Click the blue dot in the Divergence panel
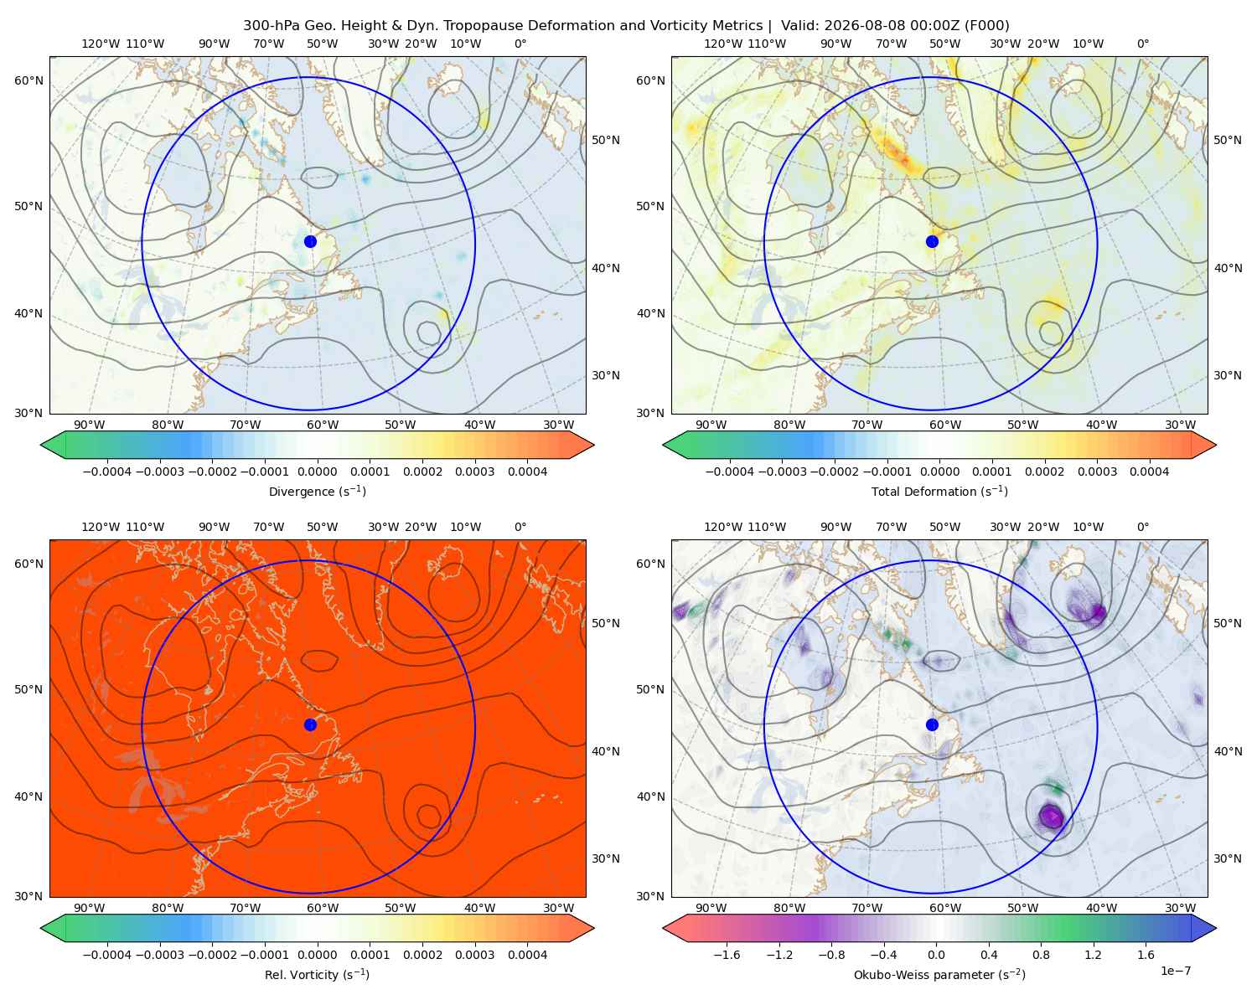click(x=310, y=241)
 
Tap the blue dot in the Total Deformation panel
click(x=932, y=241)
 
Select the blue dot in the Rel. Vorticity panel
click(x=310, y=724)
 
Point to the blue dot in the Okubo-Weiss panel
click(x=932, y=724)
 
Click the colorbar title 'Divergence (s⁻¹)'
click(x=317, y=491)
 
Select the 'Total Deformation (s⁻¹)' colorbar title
click(x=939, y=491)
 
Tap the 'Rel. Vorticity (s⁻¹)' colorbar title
click(x=317, y=974)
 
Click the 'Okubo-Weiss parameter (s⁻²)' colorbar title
click(x=939, y=974)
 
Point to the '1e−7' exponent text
click(x=1175, y=971)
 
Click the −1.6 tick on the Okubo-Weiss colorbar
click(x=727, y=955)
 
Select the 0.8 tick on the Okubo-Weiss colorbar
click(x=1041, y=955)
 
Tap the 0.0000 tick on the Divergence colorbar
click(x=317, y=472)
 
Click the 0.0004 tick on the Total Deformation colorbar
click(x=1149, y=472)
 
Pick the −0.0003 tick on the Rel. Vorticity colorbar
click(x=159, y=955)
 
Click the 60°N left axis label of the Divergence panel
click(x=28, y=80)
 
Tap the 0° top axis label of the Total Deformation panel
click(x=1142, y=44)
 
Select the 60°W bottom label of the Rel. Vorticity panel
click(x=323, y=908)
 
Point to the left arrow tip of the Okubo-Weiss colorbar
click(x=664, y=928)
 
